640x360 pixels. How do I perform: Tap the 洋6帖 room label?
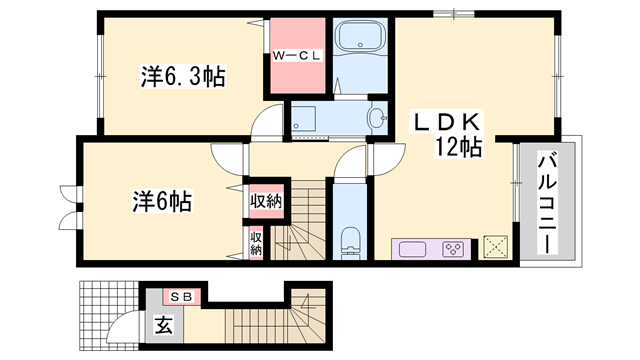click(161, 200)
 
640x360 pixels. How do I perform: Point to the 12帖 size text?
click(459, 148)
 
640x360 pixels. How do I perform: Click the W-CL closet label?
click(296, 56)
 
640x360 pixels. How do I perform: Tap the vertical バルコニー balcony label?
click(547, 205)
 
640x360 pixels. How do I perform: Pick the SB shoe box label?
click(186, 296)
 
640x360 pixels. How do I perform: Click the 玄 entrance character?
click(164, 324)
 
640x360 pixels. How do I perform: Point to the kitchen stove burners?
click(453, 247)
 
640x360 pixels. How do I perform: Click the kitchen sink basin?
click(410, 247)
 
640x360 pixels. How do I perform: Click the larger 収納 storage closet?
click(265, 201)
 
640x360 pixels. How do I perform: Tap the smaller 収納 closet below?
click(256, 242)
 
